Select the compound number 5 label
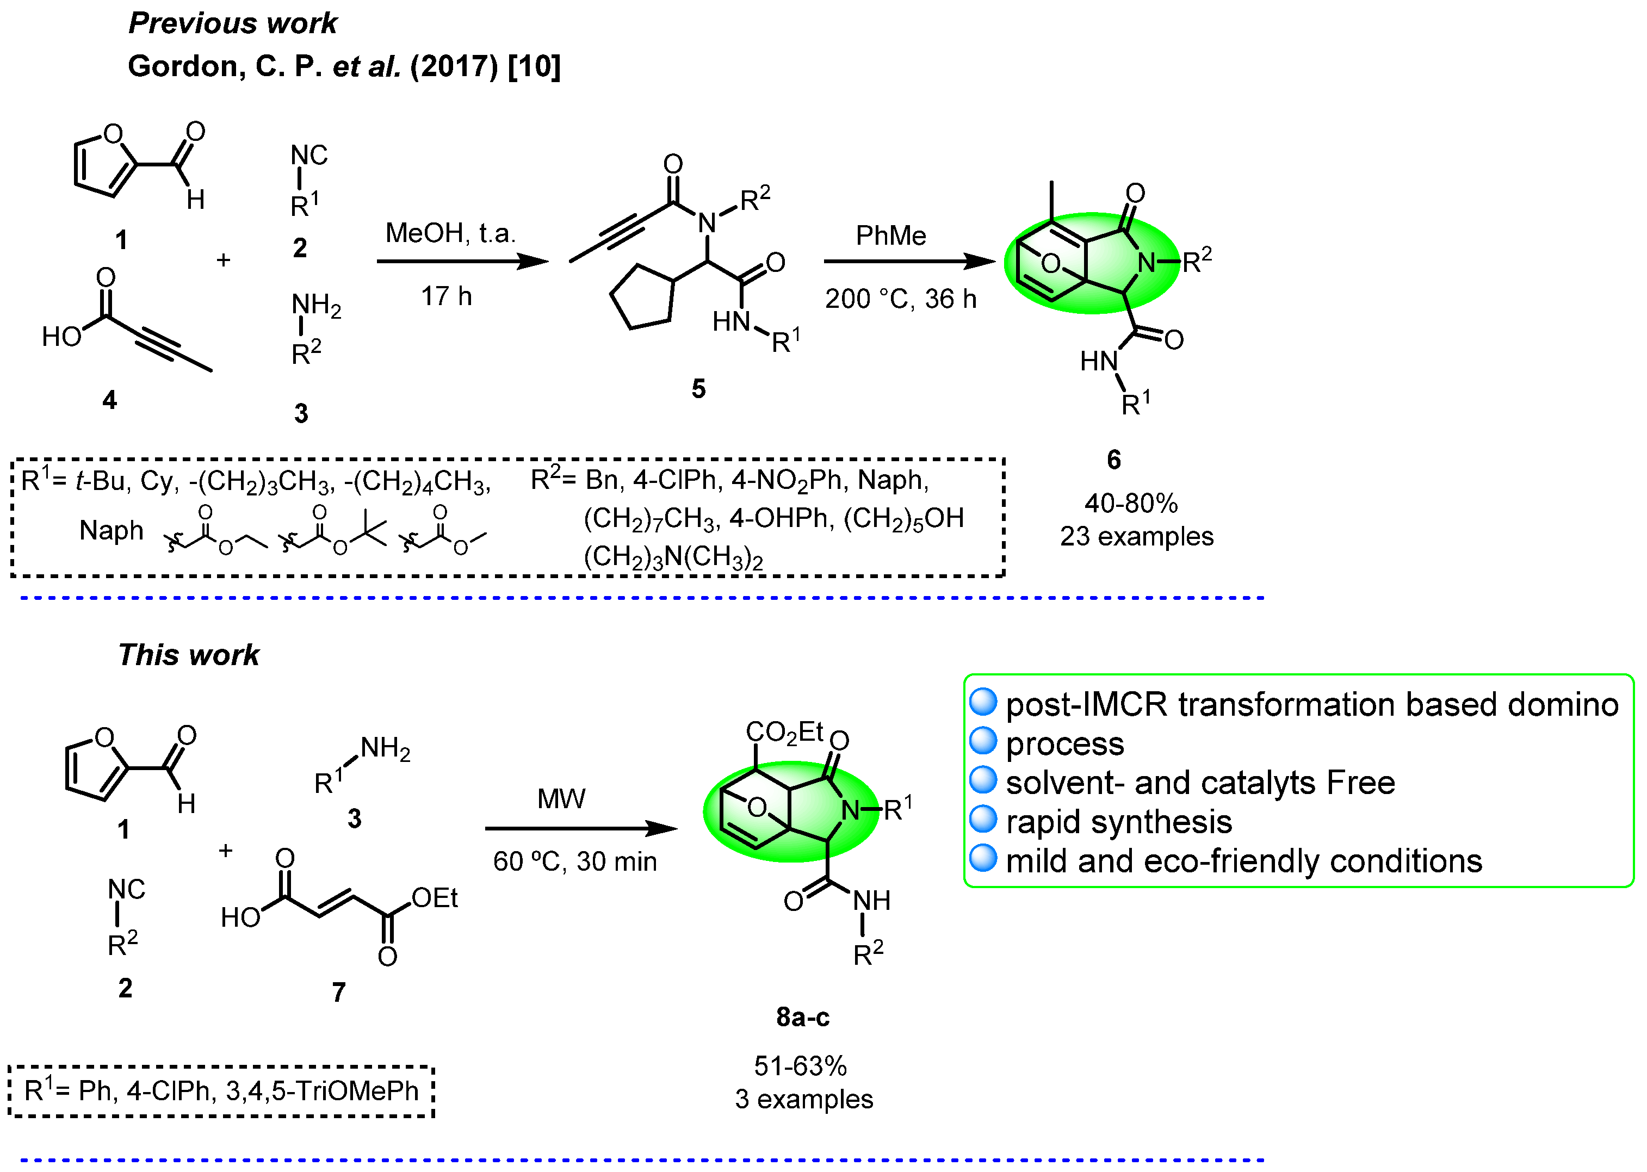coord(698,389)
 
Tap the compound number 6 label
coord(1113,460)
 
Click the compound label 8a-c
coord(803,1018)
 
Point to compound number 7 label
coord(338,993)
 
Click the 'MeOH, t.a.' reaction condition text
coord(450,233)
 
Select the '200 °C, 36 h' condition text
coord(900,299)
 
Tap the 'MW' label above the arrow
coord(561,799)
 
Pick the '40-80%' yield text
coord(1130,503)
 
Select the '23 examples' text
coord(1136,537)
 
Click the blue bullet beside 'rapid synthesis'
coord(982,819)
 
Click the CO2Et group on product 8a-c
coord(784,733)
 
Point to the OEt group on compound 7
coord(435,898)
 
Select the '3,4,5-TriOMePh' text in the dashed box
coord(322,1091)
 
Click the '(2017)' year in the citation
coord(453,66)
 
